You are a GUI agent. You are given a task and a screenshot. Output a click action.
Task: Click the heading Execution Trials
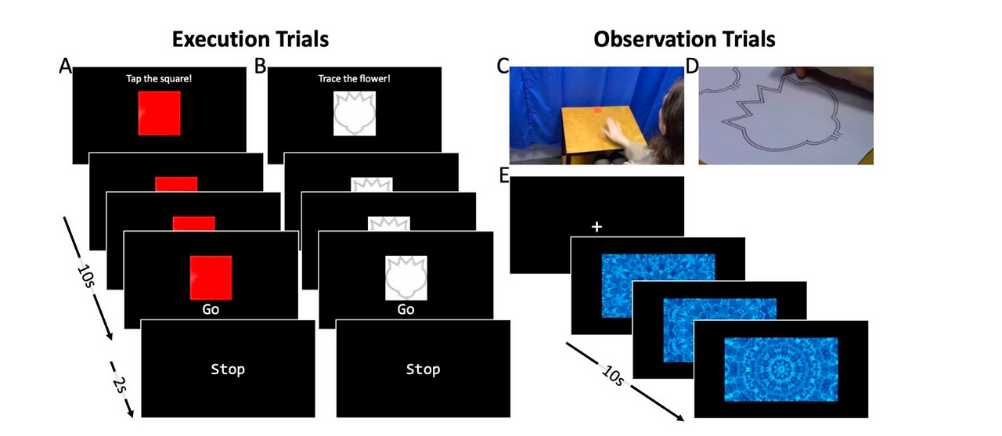[x=250, y=39]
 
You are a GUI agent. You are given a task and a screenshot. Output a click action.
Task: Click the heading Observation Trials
[x=684, y=39]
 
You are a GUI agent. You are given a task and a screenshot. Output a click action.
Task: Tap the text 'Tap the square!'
[x=159, y=79]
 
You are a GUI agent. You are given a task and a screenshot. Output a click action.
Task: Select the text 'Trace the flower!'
[x=354, y=79]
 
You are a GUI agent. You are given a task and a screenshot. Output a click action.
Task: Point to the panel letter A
[x=65, y=67]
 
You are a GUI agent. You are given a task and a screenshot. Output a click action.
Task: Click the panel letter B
[x=260, y=67]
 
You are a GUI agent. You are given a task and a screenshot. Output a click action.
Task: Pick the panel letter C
[x=503, y=67]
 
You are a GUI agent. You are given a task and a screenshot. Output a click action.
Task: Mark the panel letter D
[x=692, y=67]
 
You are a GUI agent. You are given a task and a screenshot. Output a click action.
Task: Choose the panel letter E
[x=504, y=176]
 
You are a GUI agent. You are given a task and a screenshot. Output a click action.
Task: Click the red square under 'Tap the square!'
[x=159, y=114]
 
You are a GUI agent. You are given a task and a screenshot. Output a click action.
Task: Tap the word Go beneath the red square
[x=211, y=309]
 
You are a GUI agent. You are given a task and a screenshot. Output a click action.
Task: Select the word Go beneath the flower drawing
[x=405, y=309]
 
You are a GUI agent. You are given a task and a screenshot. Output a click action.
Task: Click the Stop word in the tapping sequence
[x=228, y=369]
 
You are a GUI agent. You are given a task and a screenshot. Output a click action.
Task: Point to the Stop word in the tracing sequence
[x=423, y=369]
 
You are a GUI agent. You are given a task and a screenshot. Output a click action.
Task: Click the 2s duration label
[x=120, y=385]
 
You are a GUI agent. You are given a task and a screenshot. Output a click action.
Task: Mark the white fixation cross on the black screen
[x=597, y=227]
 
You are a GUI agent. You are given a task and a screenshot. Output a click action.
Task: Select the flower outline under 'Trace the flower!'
[x=355, y=114]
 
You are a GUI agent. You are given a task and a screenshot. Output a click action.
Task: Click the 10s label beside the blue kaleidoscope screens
[x=613, y=376]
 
